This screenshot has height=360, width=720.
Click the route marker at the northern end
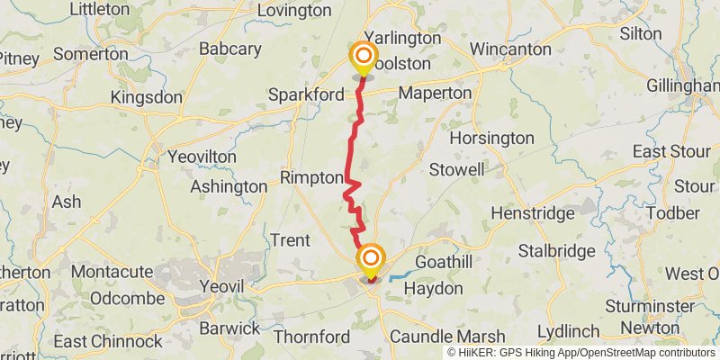pos(364,58)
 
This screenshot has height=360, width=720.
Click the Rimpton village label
pos(312,177)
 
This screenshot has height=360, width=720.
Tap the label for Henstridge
pos(532,213)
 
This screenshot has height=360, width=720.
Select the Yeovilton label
pos(202,157)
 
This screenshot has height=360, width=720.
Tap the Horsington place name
pos(491,139)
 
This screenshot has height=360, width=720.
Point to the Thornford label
pos(310,337)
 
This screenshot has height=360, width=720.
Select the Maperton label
pos(435,93)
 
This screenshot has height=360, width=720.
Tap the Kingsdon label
pos(147,97)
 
